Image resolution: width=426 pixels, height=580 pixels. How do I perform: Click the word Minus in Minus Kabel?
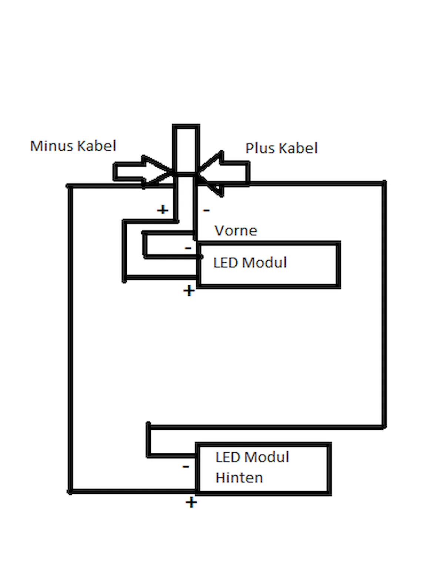(51, 146)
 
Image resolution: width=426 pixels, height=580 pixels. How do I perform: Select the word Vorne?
(236, 231)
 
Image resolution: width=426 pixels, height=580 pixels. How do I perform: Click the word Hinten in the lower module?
(239, 478)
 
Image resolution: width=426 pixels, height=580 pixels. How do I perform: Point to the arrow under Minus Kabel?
(143, 172)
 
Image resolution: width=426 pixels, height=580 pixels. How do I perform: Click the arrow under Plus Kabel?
(223, 174)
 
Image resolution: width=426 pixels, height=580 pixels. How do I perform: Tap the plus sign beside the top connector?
(163, 209)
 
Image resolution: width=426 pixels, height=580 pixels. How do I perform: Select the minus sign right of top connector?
(206, 210)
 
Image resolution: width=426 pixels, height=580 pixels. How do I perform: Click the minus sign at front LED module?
(188, 248)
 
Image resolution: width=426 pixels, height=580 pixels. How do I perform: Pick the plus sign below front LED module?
(189, 291)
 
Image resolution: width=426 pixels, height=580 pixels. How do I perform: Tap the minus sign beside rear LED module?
(186, 467)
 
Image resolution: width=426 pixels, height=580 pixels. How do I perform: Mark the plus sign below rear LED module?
(191, 503)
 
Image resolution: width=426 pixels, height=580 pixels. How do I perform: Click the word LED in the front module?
(226, 262)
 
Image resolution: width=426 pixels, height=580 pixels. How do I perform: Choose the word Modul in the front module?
(264, 262)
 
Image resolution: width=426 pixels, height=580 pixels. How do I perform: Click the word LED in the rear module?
(228, 457)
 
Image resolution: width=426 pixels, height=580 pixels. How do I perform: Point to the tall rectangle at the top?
(186, 150)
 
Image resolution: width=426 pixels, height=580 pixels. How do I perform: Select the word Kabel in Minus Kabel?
(97, 146)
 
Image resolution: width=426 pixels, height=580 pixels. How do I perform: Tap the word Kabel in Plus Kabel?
(298, 148)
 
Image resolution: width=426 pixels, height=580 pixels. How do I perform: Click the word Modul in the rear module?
(267, 457)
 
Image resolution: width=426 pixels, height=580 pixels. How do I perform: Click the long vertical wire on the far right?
(385, 305)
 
